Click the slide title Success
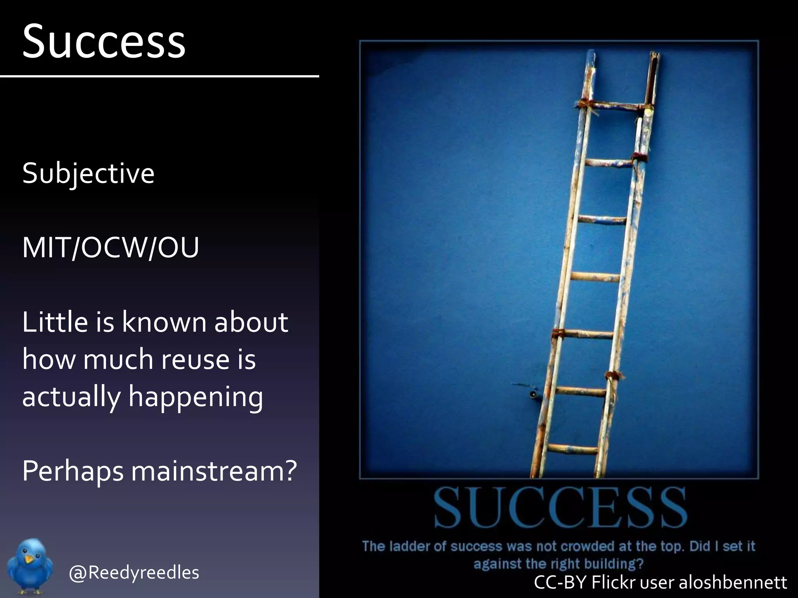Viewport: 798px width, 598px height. tap(104, 41)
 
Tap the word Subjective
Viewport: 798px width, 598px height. tap(88, 173)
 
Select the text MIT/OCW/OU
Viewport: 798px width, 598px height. tap(111, 248)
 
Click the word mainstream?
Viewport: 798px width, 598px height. tap(214, 471)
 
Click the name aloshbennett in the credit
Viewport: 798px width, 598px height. tap(733, 582)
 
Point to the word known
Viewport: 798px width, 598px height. tap(164, 322)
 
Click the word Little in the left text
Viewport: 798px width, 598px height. tap(55, 322)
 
